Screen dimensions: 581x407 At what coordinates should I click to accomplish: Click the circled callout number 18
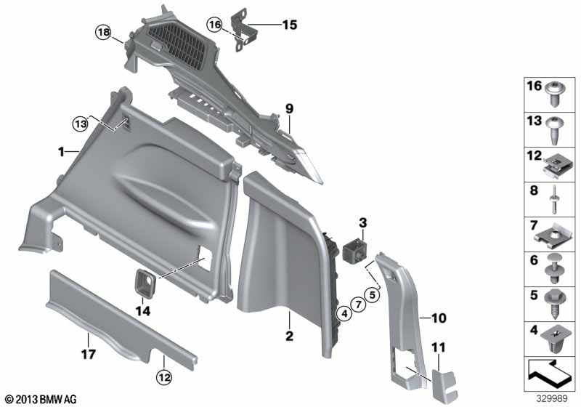coord(104,32)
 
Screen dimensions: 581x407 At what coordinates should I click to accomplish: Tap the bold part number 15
coord(290,25)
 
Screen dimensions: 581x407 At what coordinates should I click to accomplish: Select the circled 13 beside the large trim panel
coord(81,124)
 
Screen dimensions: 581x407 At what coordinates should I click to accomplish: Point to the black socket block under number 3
coord(355,250)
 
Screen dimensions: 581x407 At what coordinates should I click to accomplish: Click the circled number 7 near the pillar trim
coord(358,305)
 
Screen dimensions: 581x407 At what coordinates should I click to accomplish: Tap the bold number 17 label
coord(88,355)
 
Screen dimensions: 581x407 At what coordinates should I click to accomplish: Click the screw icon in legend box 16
coord(554,94)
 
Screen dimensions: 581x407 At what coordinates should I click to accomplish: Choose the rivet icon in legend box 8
coord(553,199)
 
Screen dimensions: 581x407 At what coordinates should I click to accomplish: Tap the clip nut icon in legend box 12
coord(557,166)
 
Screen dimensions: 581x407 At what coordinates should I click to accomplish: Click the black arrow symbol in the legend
coord(550,374)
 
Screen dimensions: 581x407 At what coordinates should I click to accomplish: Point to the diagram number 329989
coord(551,398)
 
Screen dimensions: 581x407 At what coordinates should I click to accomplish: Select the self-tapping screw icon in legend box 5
coord(555,304)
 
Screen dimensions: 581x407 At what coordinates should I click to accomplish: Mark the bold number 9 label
coord(289,109)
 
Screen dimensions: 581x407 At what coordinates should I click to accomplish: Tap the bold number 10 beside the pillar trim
coord(439,318)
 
